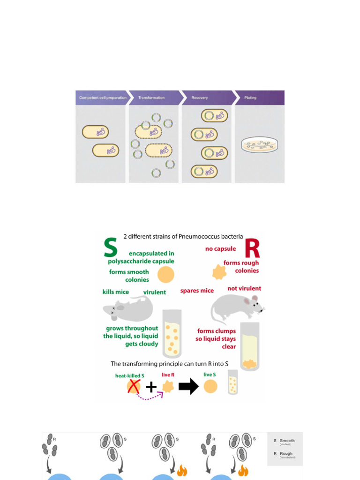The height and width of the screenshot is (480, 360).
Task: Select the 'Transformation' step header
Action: (x=151, y=98)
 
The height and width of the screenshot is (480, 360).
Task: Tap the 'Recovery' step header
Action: (x=199, y=98)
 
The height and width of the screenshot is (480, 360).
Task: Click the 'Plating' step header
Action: (x=250, y=98)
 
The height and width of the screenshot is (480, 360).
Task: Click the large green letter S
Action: (x=110, y=247)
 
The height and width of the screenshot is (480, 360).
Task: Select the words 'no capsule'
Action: (x=220, y=249)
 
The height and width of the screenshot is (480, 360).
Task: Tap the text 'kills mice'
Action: (x=115, y=292)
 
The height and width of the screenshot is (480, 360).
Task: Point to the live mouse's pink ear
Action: (x=255, y=298)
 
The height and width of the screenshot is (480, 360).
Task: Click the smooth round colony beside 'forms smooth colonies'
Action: (x=165, y=275)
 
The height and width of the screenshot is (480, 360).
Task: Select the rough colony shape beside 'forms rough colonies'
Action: (x=219, y=272)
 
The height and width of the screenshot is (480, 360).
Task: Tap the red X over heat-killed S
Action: (x=134, y=386)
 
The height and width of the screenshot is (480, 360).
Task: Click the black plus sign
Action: (x=150, y=387)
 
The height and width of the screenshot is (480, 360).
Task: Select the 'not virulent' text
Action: (x=244, y=288)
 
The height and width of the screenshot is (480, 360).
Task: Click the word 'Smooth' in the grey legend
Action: (x=287, y=441)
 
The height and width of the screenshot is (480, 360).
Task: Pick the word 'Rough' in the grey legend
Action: (x=286, y=453)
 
